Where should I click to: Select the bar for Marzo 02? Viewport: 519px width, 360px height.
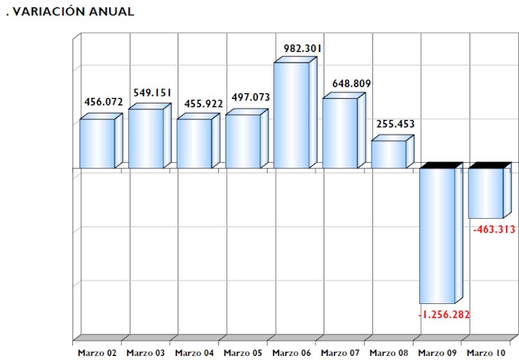(x=97, y=144)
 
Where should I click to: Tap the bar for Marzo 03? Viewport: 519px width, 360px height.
(x=146, y=139)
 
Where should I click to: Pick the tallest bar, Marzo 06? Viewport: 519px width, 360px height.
(x=291, y=115)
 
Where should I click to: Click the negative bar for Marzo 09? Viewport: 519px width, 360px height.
(x=437, y=235)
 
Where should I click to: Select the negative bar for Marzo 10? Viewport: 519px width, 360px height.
(x=486, y=193)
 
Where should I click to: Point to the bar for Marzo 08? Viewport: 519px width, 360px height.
(x=388, y=154)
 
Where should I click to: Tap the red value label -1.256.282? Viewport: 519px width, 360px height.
(x=443, y=315)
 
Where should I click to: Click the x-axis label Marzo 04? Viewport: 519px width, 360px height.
(x=195, y=353)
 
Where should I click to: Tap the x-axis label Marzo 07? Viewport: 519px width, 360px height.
(x=341, y=353)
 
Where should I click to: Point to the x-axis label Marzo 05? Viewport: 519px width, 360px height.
(x=243, y=353)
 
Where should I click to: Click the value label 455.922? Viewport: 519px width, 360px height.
(x=202, y=103)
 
